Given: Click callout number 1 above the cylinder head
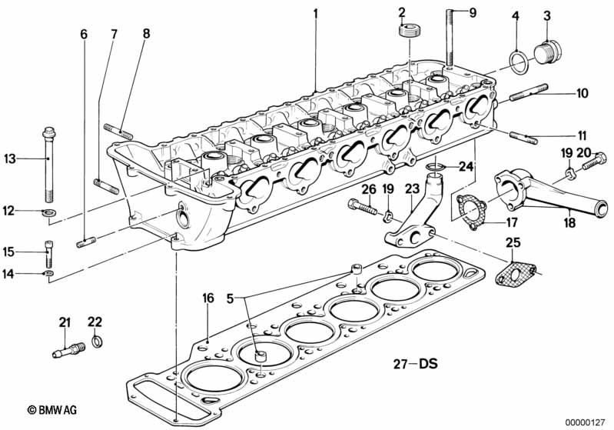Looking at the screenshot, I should pyautogui.click(x=314, y=13).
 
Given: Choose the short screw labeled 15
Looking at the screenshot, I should pyautogui.click(x=49, y=252).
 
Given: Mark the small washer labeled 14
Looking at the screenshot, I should pyautogui.click(x=49, y=272).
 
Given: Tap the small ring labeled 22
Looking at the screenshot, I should pyautogui.click(x=97, y=340).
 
